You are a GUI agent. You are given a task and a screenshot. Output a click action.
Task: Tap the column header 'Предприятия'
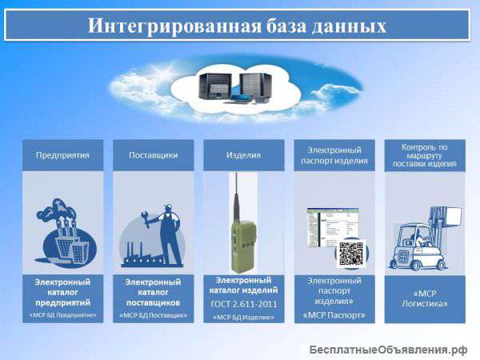pos(62,154)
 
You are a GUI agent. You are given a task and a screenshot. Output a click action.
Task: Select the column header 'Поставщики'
pos(153,154)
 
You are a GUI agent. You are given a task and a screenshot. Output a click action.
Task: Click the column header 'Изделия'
pos(243,154)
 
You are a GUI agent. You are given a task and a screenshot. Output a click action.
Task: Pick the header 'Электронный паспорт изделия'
pos(334,155)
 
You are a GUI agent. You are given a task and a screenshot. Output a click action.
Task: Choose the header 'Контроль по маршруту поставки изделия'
pos(425,155)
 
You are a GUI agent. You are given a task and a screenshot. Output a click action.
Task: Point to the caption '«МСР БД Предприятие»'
pos(62,315)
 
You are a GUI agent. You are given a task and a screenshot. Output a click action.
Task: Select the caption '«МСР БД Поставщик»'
pos(153,315)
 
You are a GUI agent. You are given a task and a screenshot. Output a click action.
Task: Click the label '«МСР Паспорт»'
pos(334,314)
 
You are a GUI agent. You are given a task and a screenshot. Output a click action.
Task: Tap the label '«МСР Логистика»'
pos(425,298)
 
